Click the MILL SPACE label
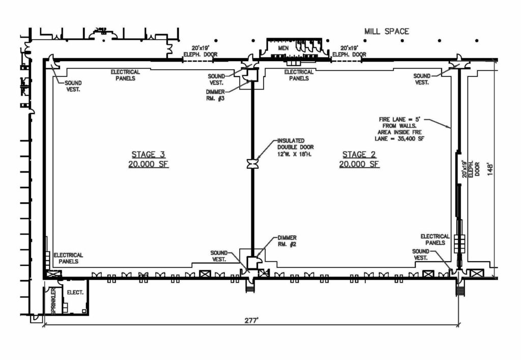click(x=386, y=32)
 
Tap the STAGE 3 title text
click(x=149, y=155)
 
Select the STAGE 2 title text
click(x=359, y=155)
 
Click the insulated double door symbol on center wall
click(x=251, y=163)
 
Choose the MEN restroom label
click(x=283, y=48)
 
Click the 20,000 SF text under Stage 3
click(x=149, y=164)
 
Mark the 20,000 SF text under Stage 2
click(x=359, y=164)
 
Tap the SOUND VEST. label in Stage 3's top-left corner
click(x=73, y=86)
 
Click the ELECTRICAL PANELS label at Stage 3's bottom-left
click(x=68, y=258)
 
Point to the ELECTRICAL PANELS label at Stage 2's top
click(x=299, y=75)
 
